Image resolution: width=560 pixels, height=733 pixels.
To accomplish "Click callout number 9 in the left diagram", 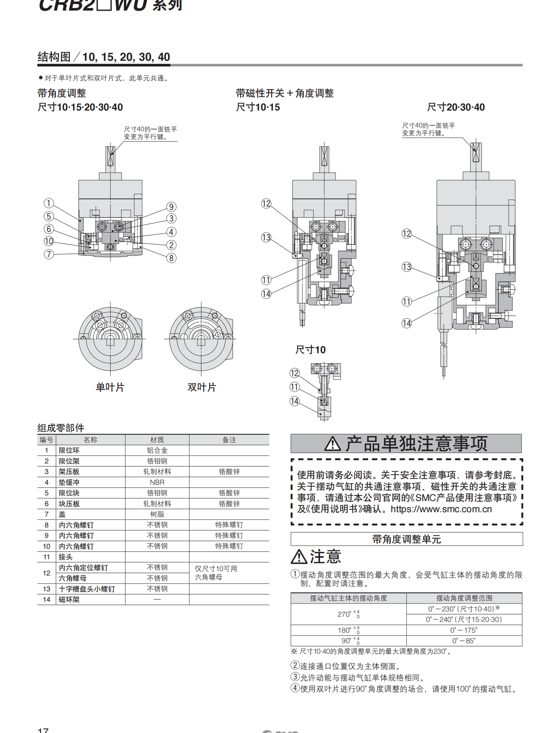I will (171, 207).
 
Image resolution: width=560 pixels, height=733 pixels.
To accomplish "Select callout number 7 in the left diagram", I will (49, 254).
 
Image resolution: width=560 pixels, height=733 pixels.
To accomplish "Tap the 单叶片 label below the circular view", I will (110, 387).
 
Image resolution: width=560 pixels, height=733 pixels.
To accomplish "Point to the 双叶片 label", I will (202, 387).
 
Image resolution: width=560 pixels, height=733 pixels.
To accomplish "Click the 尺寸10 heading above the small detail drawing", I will (310, 350).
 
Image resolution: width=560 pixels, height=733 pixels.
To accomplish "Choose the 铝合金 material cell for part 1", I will (157, 450).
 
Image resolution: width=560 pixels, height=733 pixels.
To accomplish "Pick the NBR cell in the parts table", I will (157, 482).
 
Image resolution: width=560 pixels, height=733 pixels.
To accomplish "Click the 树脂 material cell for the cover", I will (157, 514).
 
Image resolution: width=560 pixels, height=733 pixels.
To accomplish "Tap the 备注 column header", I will (229, 440).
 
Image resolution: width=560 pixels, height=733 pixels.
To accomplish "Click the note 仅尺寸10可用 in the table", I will (216, 569).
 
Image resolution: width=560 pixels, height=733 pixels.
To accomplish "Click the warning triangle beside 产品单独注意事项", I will (332, 444).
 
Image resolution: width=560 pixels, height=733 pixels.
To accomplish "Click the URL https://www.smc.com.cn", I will (441, 509).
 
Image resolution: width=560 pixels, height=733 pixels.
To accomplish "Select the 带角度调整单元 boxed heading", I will (406, 539).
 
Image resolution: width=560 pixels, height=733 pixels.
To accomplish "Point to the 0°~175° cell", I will (464, 630).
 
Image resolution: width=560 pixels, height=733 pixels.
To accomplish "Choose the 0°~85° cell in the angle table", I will (464, 641).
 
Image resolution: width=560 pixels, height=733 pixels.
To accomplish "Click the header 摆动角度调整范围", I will (464, 598).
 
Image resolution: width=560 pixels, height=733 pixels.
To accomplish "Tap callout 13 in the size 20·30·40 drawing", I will (407, 267).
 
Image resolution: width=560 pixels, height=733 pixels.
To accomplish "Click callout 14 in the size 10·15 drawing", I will (266, 294).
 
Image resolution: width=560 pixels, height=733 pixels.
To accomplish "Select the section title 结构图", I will (54, 57).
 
